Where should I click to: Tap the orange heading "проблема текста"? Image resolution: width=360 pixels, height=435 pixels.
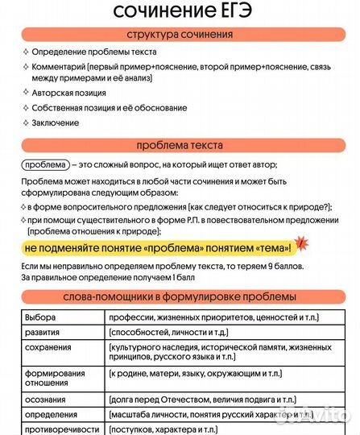pos(180,145)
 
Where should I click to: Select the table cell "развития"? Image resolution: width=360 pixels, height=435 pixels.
pos(43,333)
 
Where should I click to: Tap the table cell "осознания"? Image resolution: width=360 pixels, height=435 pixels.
pos(45,400)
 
